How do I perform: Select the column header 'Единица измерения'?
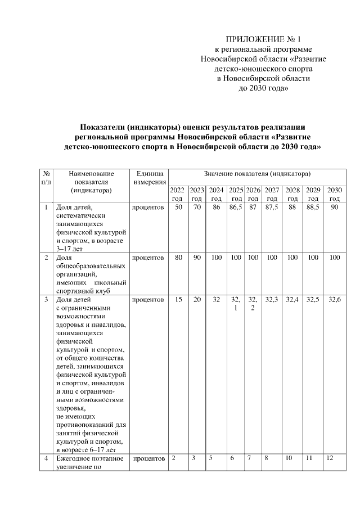148,178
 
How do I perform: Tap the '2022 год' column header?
178,194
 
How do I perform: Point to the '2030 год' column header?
335,194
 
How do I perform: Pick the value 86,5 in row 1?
236,208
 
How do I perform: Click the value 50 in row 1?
178,208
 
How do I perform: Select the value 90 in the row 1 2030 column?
335,208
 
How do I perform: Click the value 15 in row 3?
178,300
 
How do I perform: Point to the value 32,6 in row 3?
335,300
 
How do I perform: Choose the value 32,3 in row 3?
272,300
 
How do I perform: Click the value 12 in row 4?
330,458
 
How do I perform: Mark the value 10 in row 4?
289,458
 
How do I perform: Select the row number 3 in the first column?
46,300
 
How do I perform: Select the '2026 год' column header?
253,194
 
